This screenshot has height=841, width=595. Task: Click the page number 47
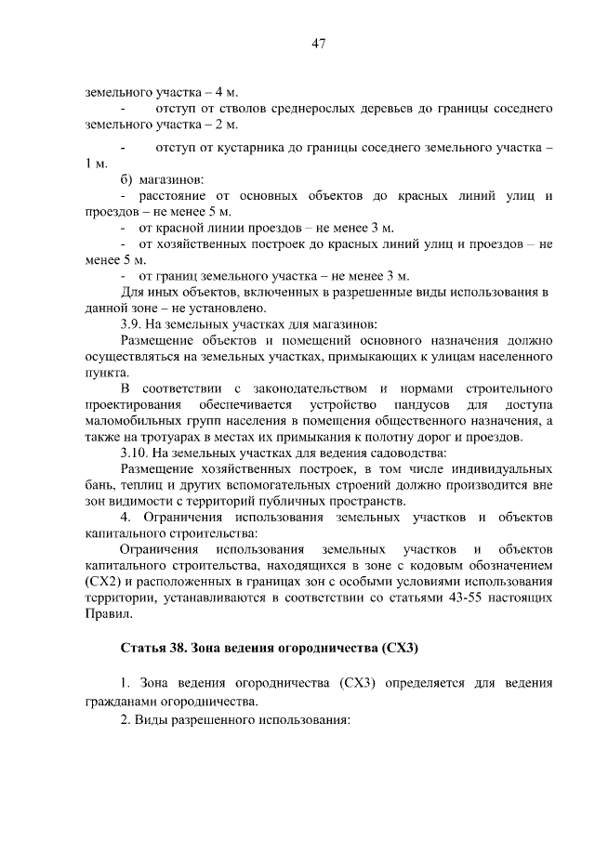click(316, 44)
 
